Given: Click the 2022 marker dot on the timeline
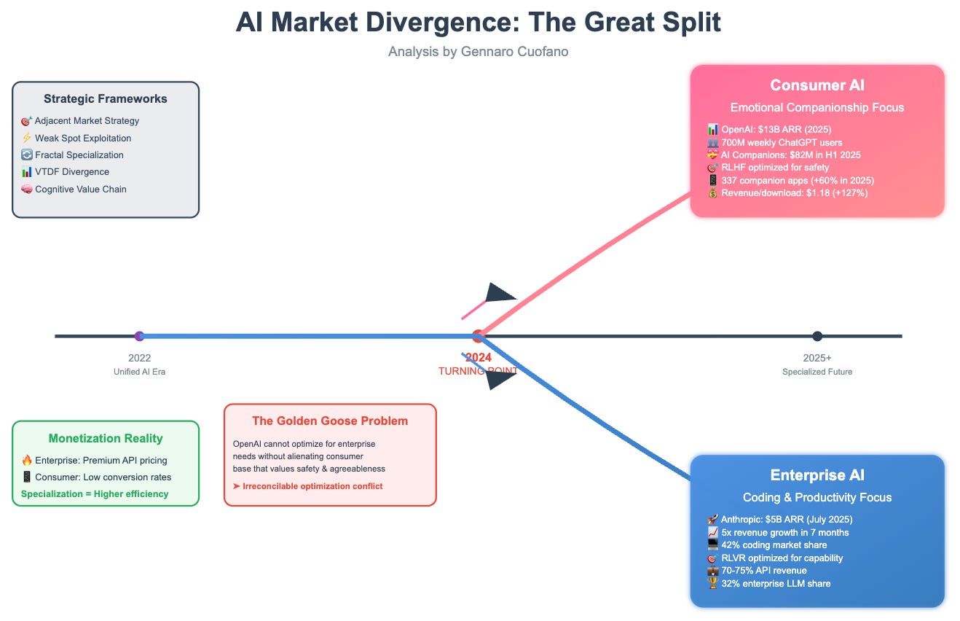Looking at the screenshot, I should click(140, 336).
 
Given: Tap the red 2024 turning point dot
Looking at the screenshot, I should click(478, 336).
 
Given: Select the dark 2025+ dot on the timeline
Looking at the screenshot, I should click(817, 336).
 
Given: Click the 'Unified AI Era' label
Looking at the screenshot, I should click(140, 372).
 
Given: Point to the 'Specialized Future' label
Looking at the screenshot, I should click(817, 372).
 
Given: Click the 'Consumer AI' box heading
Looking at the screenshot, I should click(817, 85).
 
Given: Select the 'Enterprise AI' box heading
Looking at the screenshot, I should click(817, 475).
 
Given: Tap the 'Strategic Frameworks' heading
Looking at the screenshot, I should click(106, 98).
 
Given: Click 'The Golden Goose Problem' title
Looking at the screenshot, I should click(330, 421).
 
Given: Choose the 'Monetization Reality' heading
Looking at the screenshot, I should click(106, 438).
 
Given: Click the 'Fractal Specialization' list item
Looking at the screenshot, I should click(79, 155).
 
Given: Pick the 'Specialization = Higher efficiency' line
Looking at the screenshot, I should click(95, 494).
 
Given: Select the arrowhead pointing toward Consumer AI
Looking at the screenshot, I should click(500, 293).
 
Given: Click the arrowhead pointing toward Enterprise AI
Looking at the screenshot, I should click(500, 379).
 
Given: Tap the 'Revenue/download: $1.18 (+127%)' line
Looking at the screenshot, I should click(787, 193).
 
